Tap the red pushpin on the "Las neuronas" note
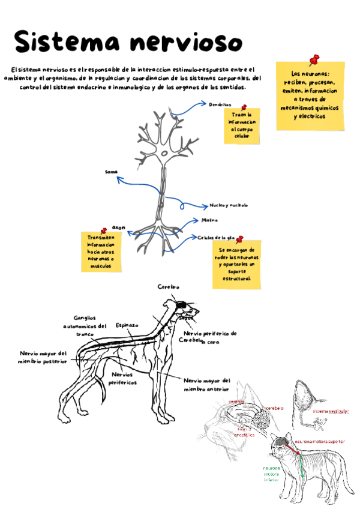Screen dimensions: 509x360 pos(313,59)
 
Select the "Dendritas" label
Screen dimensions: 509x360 pos(220,104)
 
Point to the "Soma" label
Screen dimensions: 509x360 pos(111,172)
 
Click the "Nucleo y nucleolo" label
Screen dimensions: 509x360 pos(229,205)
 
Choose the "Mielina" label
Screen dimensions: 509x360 pos(218,221)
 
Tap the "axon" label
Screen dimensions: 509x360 pos(118,227)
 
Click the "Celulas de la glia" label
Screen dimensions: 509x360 pos(217,238)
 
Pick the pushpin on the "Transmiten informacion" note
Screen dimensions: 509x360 pos(104,230)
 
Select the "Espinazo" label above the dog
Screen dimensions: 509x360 pos(127,325)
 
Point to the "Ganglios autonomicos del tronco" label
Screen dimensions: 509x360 pos(84,326)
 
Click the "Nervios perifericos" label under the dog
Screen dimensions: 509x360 pos(124,378)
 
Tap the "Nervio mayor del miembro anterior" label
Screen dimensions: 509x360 pos(207,384)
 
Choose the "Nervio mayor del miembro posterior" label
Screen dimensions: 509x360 pos(43,357)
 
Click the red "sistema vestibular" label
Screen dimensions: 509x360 pos(330,412)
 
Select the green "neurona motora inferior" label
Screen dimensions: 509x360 pos(271,474)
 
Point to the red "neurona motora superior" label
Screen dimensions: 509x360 pos(320,441)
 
